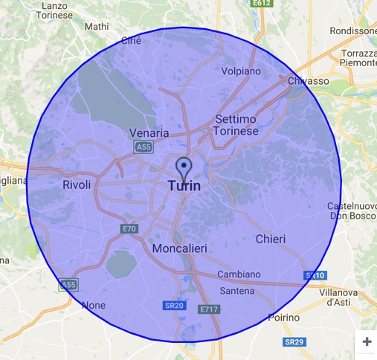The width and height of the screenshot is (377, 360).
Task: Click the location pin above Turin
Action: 183,167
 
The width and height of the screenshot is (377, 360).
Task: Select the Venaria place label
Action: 149,133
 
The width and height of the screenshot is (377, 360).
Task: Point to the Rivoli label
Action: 77,184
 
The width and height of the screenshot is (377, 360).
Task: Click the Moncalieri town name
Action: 179,248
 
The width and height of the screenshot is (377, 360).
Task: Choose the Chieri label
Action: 270,239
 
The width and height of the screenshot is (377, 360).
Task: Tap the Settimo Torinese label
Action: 236,125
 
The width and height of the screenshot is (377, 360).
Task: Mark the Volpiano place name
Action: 242,72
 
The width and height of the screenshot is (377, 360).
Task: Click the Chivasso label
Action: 309,80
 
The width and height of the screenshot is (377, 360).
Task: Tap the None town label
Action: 93,305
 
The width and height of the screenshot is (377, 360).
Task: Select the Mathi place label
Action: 97,27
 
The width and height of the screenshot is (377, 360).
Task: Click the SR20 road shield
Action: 173,305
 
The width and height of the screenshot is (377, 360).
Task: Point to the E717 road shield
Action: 209,309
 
